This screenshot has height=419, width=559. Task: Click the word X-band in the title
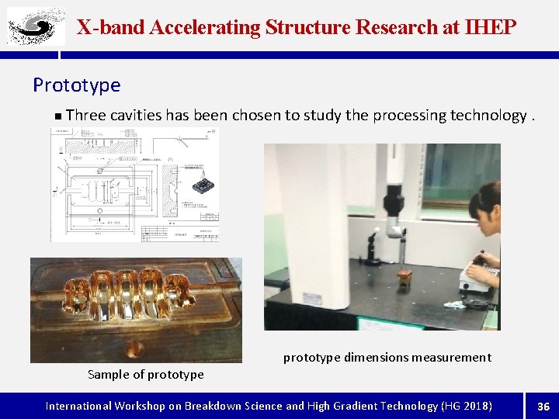[x=111, y=27]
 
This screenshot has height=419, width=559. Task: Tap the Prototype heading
[x=77, y=85]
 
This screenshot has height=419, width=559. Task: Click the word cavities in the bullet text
[x=136, y=116]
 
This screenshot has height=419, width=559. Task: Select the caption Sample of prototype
[x=146, y=375]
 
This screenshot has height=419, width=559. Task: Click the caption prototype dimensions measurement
[x=387, y=358]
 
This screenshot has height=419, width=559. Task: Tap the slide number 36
[x=543, y=406]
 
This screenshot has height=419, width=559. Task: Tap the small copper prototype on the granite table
[x=404, y=278]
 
